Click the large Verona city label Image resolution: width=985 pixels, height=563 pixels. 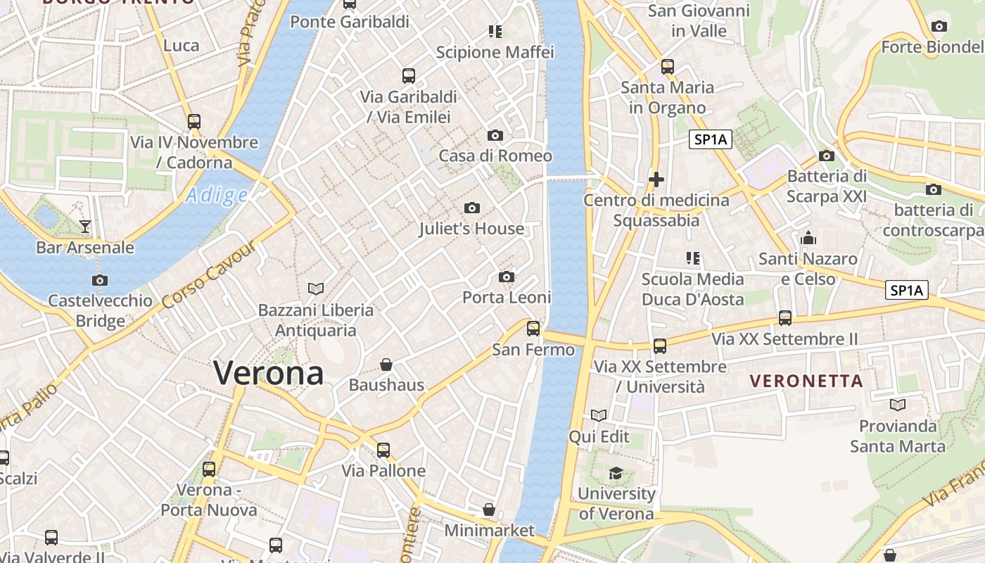268,372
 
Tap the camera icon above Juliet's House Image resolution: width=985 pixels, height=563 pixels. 472,208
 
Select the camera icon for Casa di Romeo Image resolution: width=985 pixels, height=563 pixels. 495,135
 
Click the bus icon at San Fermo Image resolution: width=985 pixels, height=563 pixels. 533,328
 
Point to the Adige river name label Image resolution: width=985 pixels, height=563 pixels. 217,196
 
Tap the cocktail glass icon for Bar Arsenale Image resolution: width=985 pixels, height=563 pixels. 85,226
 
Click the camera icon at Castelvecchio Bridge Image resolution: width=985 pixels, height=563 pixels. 100,280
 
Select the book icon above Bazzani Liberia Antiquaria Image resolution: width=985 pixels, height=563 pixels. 316,289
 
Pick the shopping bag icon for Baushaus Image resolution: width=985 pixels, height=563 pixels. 386,364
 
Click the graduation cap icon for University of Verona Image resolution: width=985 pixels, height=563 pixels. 616,472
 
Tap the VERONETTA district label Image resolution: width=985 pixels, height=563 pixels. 806,381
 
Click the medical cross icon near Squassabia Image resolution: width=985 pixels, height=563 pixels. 656,179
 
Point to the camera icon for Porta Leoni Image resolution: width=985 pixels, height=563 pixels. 507,277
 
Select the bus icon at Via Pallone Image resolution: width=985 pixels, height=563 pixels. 383,450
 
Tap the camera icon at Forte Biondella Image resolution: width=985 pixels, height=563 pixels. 939,27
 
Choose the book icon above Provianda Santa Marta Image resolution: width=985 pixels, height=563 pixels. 898,405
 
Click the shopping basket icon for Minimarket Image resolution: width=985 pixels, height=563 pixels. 489,509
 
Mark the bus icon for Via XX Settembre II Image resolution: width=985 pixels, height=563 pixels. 785,318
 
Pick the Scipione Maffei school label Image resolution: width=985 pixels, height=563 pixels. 495,52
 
